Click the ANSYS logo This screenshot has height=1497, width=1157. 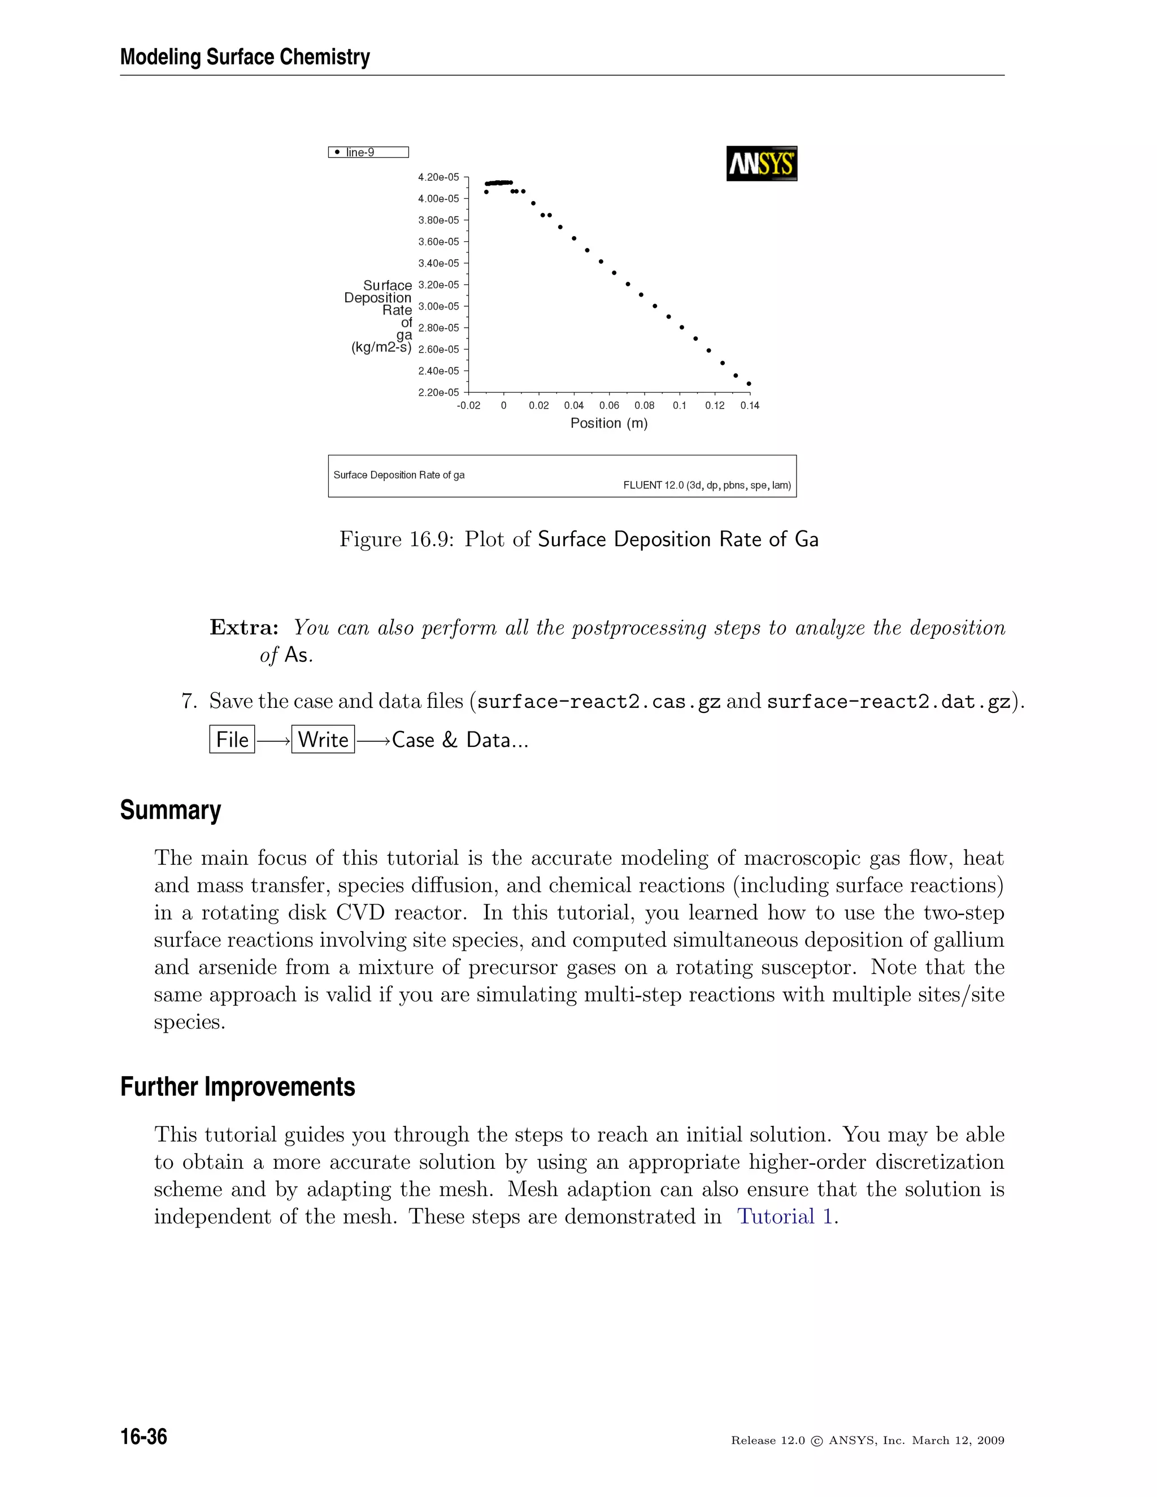762,164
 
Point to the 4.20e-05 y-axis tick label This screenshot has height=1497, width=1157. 438,177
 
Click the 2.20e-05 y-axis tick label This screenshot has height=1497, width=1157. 438,393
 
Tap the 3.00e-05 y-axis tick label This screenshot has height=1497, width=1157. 438,306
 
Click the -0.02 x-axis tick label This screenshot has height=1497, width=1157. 469,406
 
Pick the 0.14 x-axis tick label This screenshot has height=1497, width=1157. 750,406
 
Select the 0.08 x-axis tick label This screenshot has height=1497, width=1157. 644,406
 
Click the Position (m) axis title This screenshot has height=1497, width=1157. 608,424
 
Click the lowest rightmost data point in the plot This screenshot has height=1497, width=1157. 749,384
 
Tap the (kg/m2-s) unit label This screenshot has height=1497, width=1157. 381,347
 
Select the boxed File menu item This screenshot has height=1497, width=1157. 232,739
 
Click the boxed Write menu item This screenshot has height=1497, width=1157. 323,739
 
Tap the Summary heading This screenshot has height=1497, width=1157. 171,810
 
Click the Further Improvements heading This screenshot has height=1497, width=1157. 237,1087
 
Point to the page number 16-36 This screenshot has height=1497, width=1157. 144,1437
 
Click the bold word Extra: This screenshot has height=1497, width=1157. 244,628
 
